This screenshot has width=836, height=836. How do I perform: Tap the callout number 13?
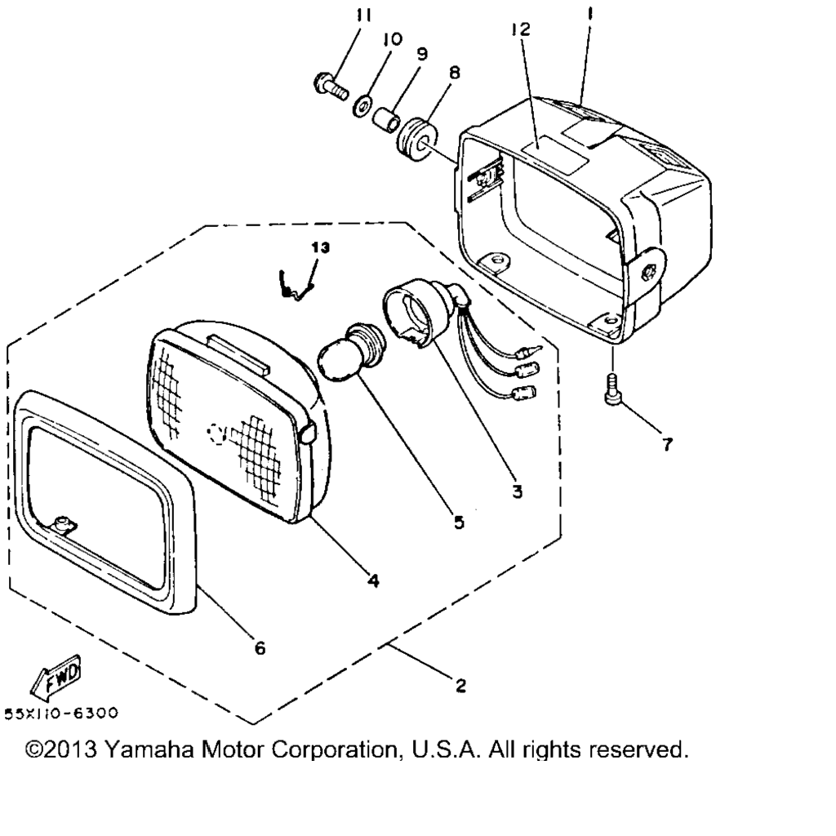pyautogui.click(x=320, y=247)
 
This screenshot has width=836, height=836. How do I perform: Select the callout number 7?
pyautogui.click(x=668, y=443)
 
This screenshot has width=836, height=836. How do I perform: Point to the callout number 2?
pyautogui.click(x=460, y=685)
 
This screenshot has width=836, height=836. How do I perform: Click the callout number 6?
pyautogui.click(x=260, y=648)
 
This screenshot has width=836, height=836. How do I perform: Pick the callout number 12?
pyautogui.click(x=521, y=29)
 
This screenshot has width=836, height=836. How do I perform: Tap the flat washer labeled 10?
pyautogui.click(x=362, y=105)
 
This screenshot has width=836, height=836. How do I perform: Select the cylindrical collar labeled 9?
pyautogui.click(x=385, y=120)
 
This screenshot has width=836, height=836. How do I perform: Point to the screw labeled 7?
pyautogui.click(x=613, y=389)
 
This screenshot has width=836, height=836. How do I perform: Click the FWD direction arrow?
pyautogui.click(x=55, y=677)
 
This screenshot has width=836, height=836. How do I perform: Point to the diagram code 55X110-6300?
pyautogui.click(x=60, y=714)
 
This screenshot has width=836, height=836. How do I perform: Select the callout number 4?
pyautogui.click(x=373, y=580)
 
